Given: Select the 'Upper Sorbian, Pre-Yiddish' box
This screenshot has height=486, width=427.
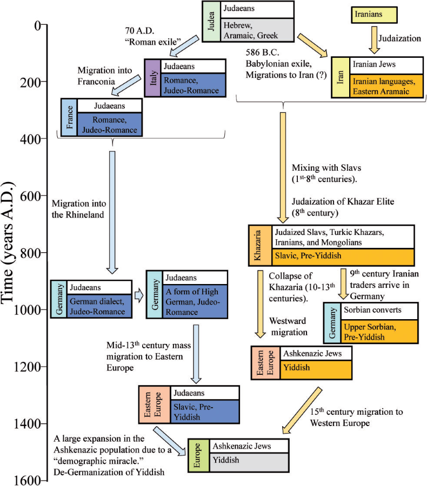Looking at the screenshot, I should (378, 331).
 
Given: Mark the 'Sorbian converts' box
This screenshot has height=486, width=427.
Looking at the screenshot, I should (378, 310).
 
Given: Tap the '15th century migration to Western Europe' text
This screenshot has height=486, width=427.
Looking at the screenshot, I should (356, 416).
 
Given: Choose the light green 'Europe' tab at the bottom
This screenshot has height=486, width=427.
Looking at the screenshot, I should (198, 455).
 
